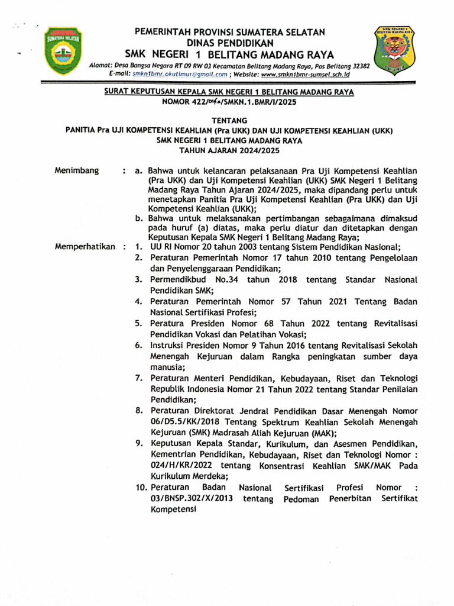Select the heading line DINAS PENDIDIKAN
(230, 43)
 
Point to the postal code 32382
(359, 66)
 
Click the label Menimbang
(76, 170)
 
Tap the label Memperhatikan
(84, 247)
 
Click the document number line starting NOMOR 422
(229, 102)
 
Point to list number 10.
(141, 488)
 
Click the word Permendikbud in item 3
(177, 280)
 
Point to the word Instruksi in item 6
(169, 346)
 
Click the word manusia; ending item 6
(168, 368)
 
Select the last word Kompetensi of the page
(173, 510)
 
